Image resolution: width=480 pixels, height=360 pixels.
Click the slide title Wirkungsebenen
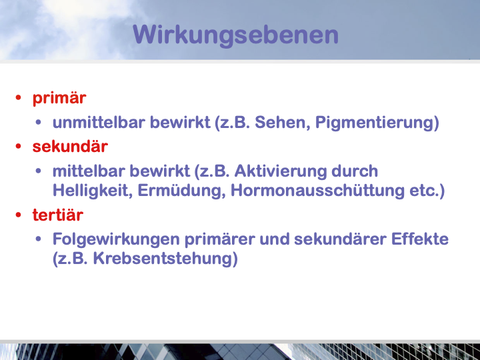pyautogui.click(x=236, y=35)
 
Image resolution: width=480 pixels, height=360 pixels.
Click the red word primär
pyautogui.click(x=59, y=99)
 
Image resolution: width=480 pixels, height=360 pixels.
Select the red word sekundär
pyautogui.click(x=70, y=146)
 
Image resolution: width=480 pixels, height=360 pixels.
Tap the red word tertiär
pyautogui.click(x=58, y=215)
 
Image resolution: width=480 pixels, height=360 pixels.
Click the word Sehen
pyautogui.click(x=282, y=123)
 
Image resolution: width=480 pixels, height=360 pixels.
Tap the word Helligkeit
pyautogui.click(x=93, y=191)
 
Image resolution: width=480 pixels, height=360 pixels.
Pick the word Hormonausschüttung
pyautogui.click(x=317, y=191)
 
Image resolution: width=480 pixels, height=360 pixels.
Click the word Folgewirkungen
pyautogui.click(x=116, y=239)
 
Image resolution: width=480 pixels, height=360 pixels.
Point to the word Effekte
pyautogui.click(x=420, y=239)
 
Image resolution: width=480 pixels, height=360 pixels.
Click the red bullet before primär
pyautogui.click(x=19, y=97)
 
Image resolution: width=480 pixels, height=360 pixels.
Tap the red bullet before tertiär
pyautogui.click(x=19, y=215)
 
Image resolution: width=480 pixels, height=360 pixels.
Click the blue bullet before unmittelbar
pyautogui.click(x=38, y=122)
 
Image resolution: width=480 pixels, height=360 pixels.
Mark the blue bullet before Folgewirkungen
pyautogui.click(x=38, y=239)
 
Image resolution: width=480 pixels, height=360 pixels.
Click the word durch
pyautogui.click(x=355, y=171)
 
